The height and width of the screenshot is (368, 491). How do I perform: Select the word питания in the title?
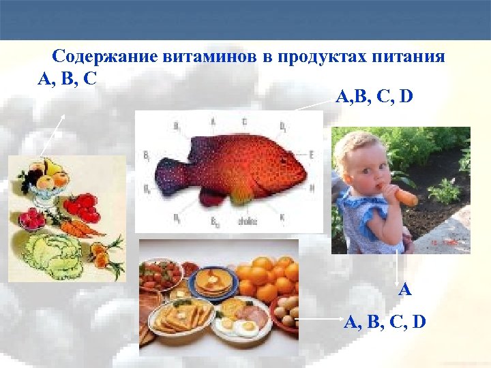[411, 57]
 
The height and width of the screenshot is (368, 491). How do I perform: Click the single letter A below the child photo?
[405, 290]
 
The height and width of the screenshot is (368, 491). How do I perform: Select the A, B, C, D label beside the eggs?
[385, 320]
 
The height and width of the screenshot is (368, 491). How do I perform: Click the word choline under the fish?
[247, 220]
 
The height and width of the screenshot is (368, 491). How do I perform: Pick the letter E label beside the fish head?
[311, 155]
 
